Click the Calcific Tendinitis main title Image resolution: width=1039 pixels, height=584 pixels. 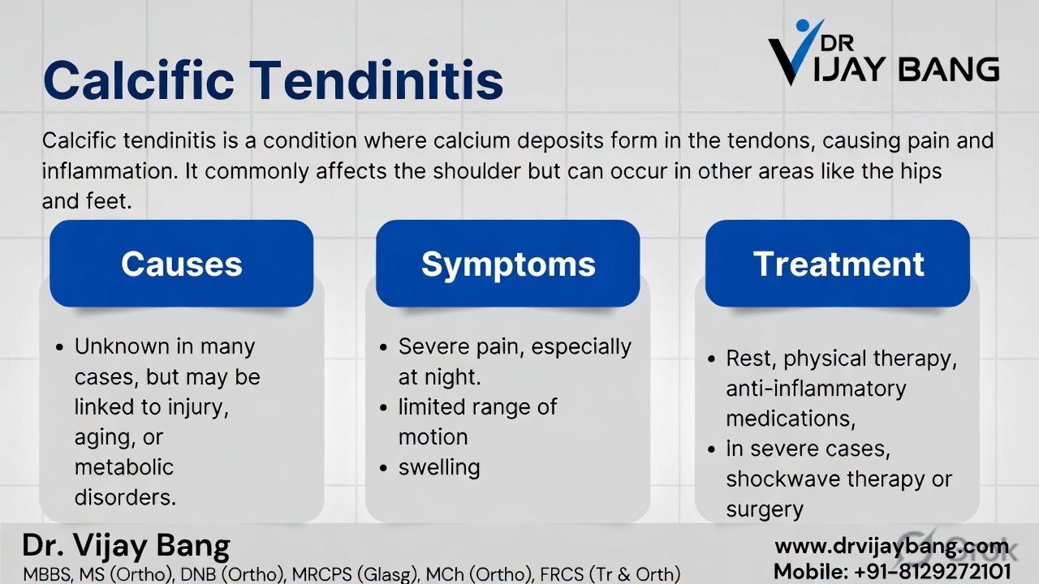[x=273, y=79]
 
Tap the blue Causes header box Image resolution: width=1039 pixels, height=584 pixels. [x=182, y=264]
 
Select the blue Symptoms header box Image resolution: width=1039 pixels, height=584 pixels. [x=508, y=264]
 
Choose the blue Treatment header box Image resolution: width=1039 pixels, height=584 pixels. [x=838, y=264]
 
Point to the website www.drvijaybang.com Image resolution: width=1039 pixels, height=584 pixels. [x=891, y=546]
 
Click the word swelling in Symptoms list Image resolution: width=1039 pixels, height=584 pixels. [x=439, y=468]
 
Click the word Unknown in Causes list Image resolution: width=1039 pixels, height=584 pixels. [x=123, y=346]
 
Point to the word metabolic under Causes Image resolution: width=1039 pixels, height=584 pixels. [x=124, y=467]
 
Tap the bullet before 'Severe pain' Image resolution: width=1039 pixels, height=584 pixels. [x=384, y=347]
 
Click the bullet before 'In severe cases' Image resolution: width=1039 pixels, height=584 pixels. [x=711, y=449]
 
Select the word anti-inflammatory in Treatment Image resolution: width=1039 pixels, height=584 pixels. [x=816, y=389]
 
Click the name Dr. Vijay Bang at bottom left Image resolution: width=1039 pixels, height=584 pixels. [x=127, y=545]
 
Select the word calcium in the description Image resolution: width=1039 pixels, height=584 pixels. [x=468, y=140]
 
